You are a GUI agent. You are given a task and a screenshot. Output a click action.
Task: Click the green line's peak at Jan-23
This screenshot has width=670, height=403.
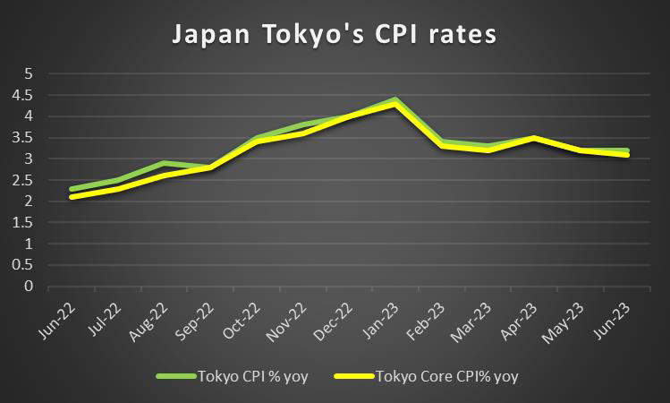(x=394, y=99)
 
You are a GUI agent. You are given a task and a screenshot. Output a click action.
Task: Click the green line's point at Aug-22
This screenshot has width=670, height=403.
(x=163, y=163)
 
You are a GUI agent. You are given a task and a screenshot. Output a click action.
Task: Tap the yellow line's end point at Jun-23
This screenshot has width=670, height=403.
(x=627, y=154)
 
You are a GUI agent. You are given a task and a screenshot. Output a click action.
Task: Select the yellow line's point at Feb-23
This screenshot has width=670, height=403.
(x=442, y=146)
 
